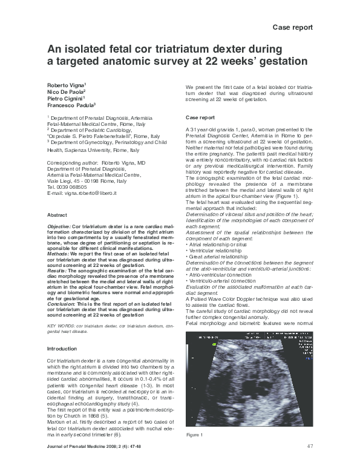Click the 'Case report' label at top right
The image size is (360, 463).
[293, 28]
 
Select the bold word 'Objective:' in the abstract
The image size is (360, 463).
[59, 226]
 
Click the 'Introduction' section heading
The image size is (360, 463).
[62, 349]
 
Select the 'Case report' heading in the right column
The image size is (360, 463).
[200, 117]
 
